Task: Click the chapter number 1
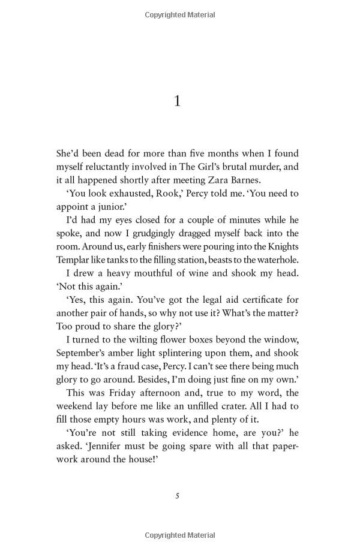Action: coord(177,101)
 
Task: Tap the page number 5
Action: coord(177,496)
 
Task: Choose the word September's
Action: coord(84,353)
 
